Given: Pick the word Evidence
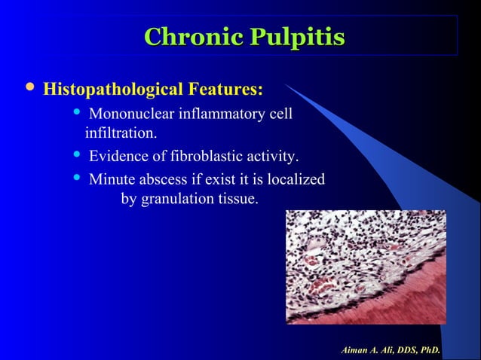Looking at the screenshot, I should [118, 157].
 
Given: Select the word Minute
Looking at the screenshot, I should [111, 180].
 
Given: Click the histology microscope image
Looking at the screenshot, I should [366, 267].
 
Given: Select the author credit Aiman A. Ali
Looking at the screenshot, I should [391, 351].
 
